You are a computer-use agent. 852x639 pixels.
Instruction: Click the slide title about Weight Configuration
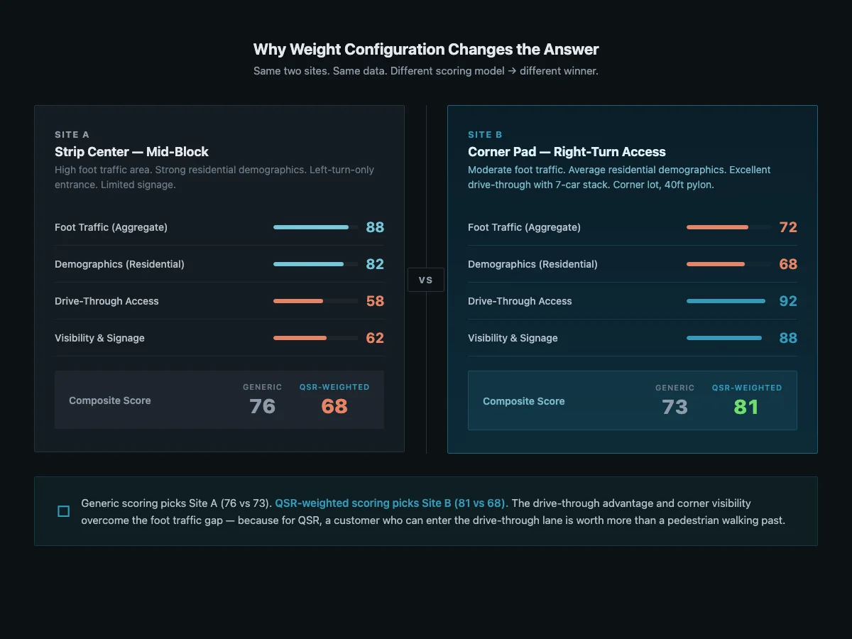point(426,50)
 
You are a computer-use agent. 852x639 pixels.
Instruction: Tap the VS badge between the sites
point(425,280)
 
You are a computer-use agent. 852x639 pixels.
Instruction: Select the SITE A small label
point(72,135)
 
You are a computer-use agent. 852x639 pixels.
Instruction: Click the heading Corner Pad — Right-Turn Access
point(567,152)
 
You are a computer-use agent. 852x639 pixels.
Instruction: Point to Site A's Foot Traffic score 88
point(375,227)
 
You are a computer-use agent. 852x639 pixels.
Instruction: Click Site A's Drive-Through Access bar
point(315,301)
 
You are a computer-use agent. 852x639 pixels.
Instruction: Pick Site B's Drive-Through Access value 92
point(788,301)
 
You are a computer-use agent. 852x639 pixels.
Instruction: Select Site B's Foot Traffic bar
point(728,227)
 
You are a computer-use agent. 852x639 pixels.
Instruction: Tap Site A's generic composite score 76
point(262,406)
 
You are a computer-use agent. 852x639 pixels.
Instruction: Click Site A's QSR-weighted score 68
point(334,406)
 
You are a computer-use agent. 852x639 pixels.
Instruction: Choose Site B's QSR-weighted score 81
point(746,407)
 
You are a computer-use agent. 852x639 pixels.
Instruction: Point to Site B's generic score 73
point(674,407)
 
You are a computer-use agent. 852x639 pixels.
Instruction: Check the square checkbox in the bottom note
point(63,511)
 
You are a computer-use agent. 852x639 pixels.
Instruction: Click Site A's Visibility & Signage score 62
point(375,338)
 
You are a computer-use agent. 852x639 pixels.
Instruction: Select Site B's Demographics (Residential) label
point(532,264)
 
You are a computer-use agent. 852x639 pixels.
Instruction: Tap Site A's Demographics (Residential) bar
point(315,264)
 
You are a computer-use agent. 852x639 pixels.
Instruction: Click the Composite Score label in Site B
point(523,401)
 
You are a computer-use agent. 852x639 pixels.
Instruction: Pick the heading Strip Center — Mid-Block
point(131,152)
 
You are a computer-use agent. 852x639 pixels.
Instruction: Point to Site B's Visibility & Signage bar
point(728,338)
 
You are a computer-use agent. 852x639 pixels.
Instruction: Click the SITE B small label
point(485,135)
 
